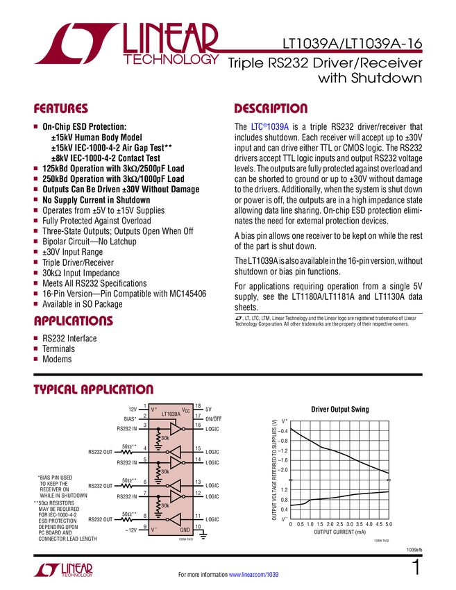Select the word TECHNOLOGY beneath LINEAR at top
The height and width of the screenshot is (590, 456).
(171, 61)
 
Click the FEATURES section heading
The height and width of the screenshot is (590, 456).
(61, 109)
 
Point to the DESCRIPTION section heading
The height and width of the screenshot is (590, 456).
(271, 109)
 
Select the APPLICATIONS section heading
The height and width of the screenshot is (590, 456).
(74, 321)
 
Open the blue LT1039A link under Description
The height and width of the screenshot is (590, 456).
(270, 127)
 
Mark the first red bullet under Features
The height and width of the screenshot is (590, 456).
(36, 127)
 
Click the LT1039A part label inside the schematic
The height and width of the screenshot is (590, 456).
(171, 414)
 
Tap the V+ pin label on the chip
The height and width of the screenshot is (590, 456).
(155, 410)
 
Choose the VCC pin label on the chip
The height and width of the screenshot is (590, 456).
(185, 410)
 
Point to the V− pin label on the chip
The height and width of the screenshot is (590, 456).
(155, 530)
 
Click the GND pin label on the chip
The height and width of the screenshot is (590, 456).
(185, 530)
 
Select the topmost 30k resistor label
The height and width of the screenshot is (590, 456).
(165, 439)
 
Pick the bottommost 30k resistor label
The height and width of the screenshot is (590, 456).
(165, 506)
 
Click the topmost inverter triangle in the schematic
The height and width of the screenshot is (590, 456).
(176, 430)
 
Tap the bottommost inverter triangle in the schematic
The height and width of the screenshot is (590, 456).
(175, 519)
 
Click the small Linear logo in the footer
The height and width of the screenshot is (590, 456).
(62, 569)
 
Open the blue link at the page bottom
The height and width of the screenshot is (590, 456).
(254, 574)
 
